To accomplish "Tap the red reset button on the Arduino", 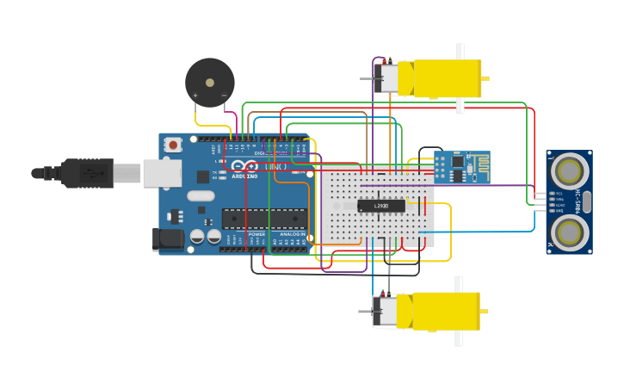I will click(173, 145).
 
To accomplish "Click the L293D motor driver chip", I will click(380, 206).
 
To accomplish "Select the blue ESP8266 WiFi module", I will click(461, 167).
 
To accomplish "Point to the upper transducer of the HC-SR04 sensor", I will click(569, 171).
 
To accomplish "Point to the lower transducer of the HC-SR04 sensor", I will click(569, 232).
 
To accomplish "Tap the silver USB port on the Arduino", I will click(161, 173).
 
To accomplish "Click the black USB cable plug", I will click(86, 173).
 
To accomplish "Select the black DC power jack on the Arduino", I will click(168, 239).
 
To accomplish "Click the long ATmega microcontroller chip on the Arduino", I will click(264, 219).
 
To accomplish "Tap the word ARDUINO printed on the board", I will click(244, 176).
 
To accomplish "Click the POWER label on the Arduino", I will click(256, 234).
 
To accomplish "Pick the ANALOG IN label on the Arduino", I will click(291, 234).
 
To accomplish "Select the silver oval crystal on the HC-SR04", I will click(588, 202).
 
